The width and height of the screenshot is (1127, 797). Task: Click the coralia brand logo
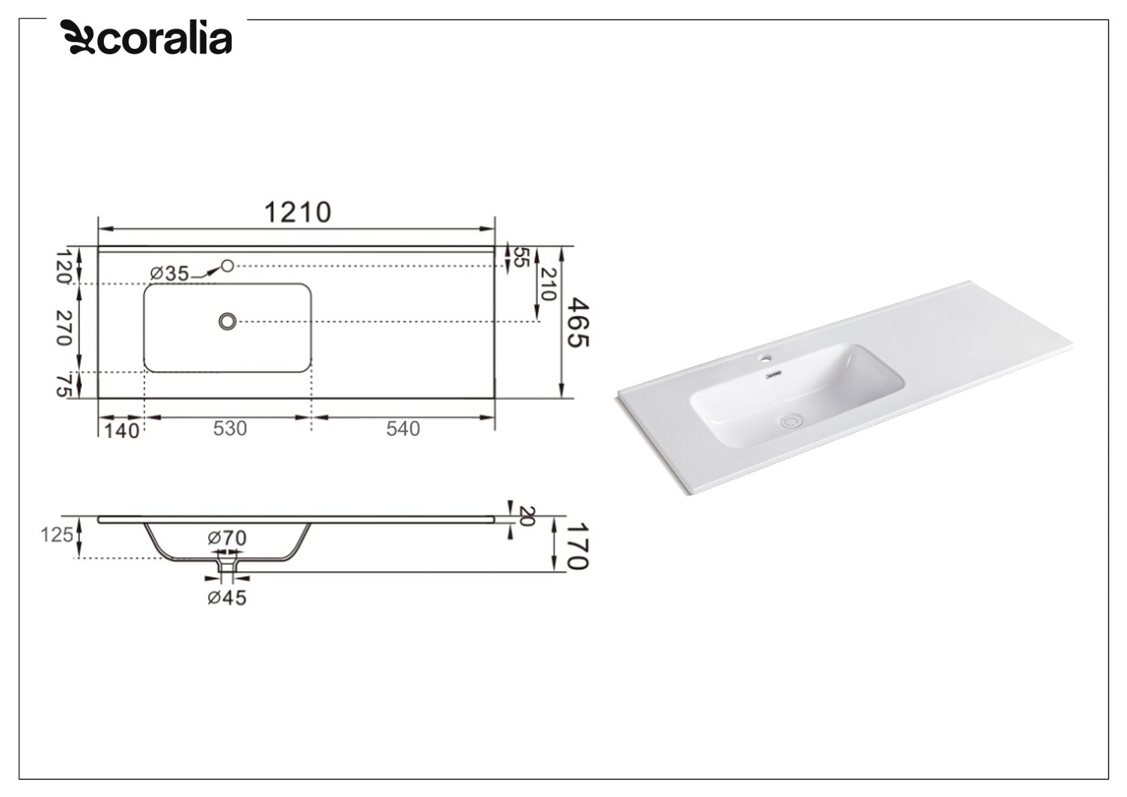[146, 38]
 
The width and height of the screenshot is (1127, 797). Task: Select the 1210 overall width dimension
[297, 212]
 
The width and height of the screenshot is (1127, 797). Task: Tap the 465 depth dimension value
[577, 323]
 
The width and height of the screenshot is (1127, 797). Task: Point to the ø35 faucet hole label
[169, 273]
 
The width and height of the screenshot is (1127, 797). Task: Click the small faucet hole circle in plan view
[228, 266]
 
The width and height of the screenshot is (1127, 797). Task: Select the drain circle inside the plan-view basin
[228, 321]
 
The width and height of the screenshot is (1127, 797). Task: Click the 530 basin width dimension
[230, 429]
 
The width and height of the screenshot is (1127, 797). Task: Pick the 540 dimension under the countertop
[402, 429]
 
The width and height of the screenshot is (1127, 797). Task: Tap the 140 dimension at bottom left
[122, 431]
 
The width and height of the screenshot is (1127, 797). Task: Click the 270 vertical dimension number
[64, 328]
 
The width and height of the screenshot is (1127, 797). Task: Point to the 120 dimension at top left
[64, 266]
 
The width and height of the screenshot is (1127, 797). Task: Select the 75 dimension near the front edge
[64, 385]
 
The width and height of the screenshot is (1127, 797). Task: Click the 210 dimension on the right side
[548, 284]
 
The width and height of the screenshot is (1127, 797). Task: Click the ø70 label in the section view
[227, 538]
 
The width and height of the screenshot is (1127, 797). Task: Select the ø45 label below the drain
[227, 597]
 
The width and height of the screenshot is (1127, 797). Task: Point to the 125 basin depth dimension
[56, 535]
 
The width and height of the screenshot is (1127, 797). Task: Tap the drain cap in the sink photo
[791, 421]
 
